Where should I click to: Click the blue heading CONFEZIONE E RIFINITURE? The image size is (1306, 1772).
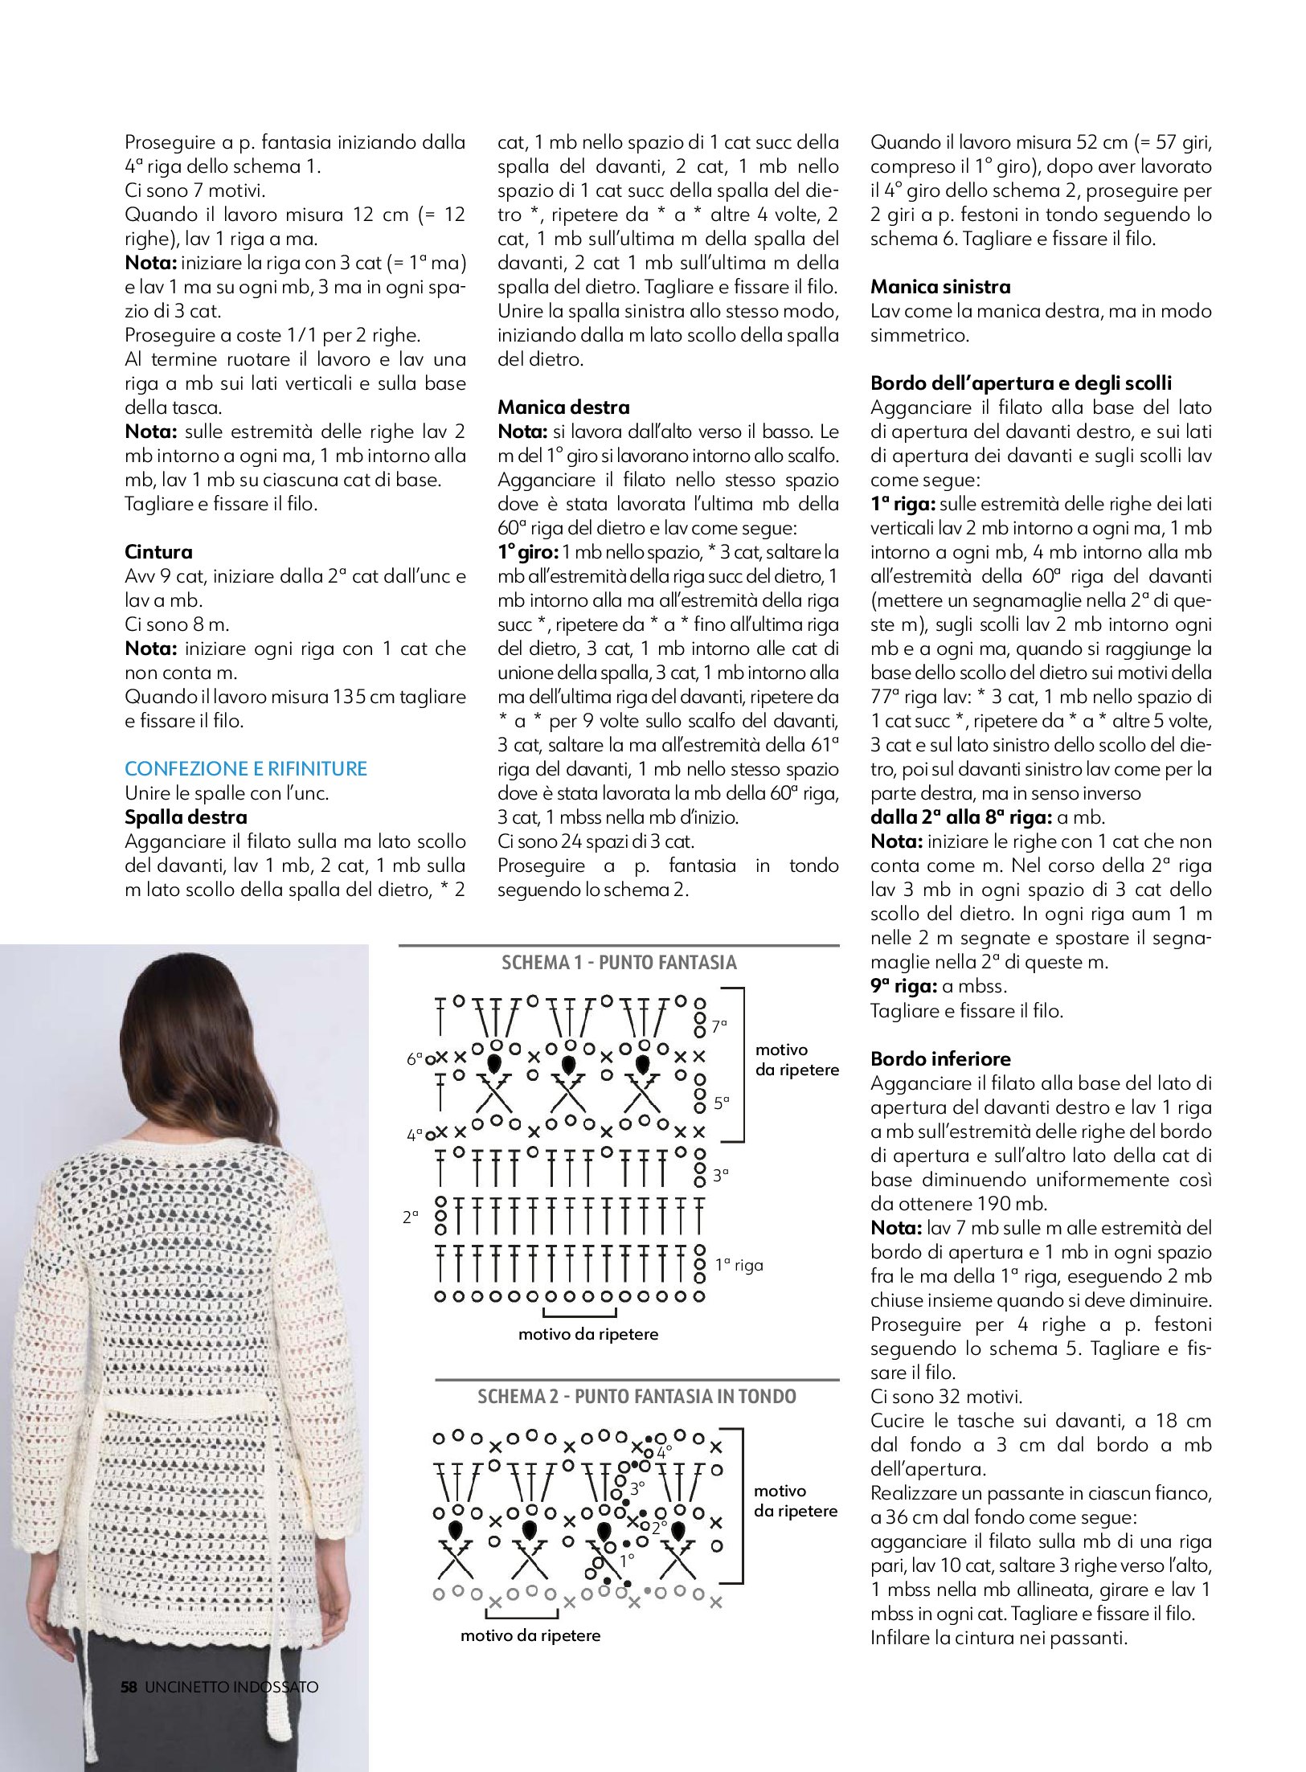(245, 769)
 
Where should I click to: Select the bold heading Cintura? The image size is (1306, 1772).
(158, 552)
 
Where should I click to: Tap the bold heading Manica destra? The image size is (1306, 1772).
(563, 407)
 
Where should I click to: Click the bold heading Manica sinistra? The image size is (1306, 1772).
(940, 287)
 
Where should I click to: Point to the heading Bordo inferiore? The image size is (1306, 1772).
(940, 1059)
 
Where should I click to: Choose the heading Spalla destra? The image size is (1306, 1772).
(186, 817)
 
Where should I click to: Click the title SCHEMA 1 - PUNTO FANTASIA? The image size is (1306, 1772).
(619, 963)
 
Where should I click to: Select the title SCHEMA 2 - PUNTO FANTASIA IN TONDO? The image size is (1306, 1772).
(637, 1397)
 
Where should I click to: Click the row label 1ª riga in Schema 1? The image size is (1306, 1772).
(739, 1266)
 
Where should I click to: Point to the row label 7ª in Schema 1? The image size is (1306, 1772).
(719, 1026)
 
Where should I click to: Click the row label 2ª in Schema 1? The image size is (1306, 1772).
(411, 1217)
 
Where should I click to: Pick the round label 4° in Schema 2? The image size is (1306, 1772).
(664, 1452)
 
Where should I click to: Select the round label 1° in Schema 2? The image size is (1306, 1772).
(627, 1560)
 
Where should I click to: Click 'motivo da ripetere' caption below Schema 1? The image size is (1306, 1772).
(587, 1335)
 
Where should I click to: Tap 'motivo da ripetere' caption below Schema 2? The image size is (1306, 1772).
(530, 1635)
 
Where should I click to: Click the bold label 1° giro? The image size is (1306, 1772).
(527, 552)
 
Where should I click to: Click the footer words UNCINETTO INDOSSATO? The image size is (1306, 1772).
(231, 1687)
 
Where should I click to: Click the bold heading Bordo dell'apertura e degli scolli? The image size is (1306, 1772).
(1021, 383)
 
